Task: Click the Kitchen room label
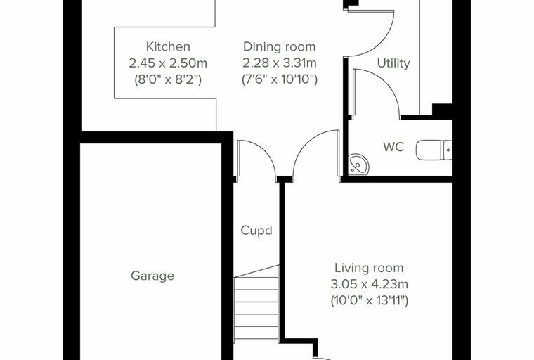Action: [x=168, y=46]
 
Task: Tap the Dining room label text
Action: [x=279, y=47]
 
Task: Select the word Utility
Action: [x=393, y=64]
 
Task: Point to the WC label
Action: [x=393, y=147]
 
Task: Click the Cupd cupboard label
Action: [x=256, y=231]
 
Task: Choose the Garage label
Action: [x=152, y=276]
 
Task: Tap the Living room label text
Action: [x=369, y=268]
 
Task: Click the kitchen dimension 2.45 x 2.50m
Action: [x=168, y=63]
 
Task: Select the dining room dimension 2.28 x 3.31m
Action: [x=279, y=63]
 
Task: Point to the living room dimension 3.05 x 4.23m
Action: [x=369, y=284]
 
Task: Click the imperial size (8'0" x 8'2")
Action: [x=168, y=79]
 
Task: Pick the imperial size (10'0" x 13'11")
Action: [x=369, y=301]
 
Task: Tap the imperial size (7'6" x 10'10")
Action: [x=279, y=79]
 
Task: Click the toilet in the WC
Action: [x=434, y=150]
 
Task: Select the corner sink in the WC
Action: [x=358, y=164]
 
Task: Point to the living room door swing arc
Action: [x=306, y=143]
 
